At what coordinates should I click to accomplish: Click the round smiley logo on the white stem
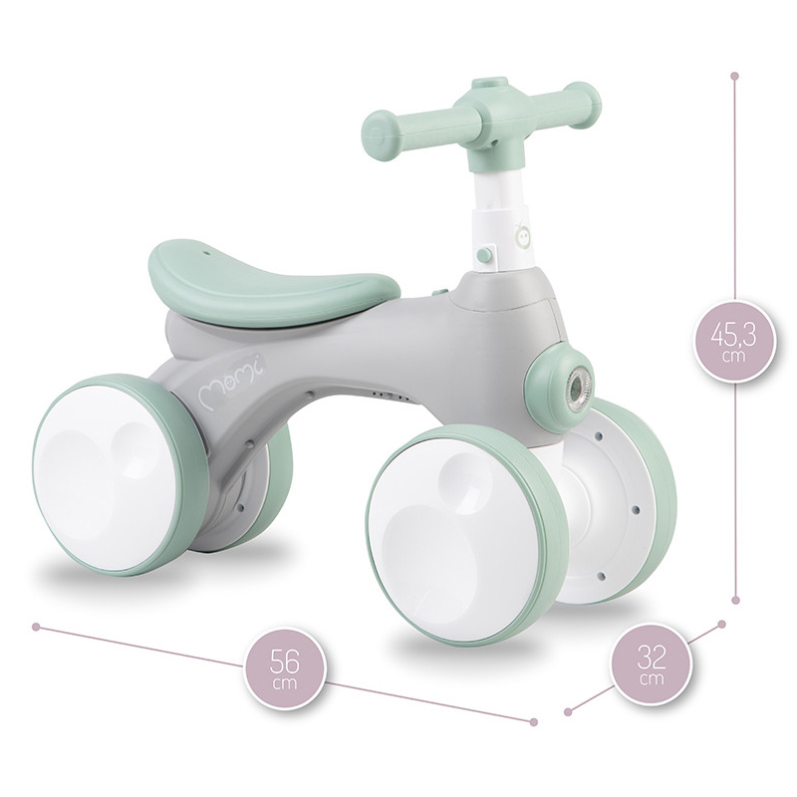point(521,234)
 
